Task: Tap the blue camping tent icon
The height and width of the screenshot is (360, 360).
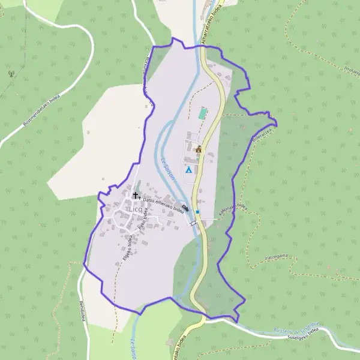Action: coord(188,170)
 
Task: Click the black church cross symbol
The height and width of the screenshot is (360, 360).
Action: coord(136,196)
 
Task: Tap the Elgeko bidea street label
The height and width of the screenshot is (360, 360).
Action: coord(127,247)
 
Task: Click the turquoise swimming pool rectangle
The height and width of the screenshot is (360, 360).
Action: coord(203,112)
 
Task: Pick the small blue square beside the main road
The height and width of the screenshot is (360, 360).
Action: coord(197,211)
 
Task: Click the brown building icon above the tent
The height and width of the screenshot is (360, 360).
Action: coord(199,149)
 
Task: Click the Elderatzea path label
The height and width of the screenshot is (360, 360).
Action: coord(263,133)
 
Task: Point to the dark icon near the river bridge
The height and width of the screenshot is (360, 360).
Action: coord(185,208)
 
